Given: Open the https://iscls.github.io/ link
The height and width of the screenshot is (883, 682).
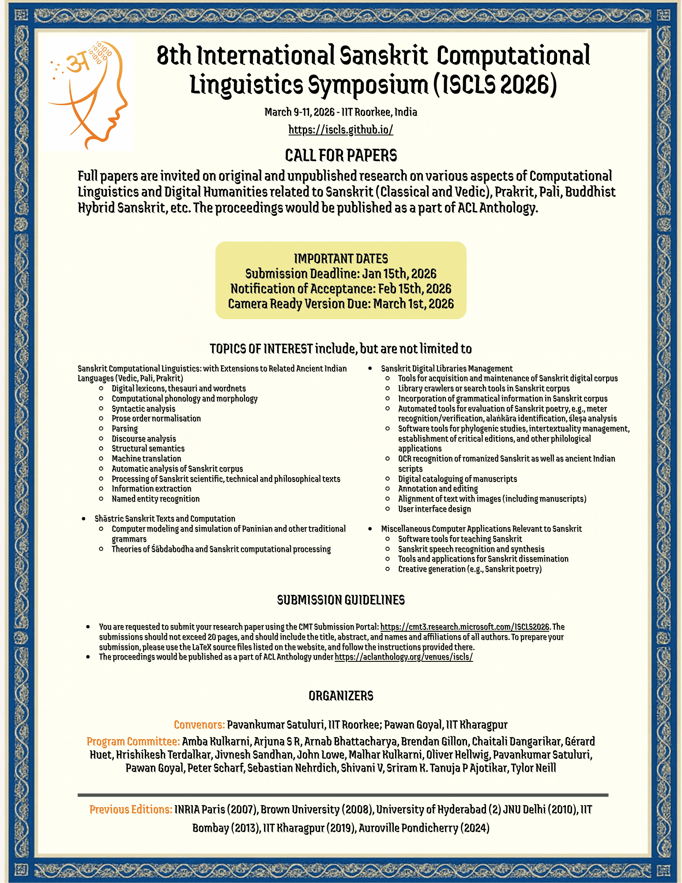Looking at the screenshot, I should [340, 129].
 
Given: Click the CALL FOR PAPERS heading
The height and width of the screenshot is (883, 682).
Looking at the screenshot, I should [341, 155].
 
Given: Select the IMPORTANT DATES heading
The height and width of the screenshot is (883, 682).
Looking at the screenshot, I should [341, 259].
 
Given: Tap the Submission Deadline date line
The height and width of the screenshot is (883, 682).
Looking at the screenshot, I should [341, 274].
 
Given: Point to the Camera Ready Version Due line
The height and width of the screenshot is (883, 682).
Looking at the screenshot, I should [341, 304].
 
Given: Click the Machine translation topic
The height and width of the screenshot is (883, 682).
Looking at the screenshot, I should [146, 459].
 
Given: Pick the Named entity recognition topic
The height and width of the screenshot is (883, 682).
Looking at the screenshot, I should [155, 499].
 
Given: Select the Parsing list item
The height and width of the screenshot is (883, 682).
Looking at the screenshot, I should [124, 429].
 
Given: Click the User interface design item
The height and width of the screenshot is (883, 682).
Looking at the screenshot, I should [434, 509].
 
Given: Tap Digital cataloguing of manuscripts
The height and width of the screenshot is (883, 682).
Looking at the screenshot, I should [457, 479].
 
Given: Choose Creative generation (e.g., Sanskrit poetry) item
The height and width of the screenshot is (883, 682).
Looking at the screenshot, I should [470, 569].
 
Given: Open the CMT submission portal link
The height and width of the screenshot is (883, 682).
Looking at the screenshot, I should [464, 627].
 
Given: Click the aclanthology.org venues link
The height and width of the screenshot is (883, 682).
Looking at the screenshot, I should [403, 657].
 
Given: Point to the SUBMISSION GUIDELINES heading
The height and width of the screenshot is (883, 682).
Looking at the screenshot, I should [341, 600].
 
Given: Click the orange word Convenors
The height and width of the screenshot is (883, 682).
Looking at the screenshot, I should [199, 725].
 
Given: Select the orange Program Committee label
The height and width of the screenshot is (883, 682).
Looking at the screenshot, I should [133, 741].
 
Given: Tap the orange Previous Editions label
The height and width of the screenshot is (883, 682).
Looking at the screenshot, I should [131, 809].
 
